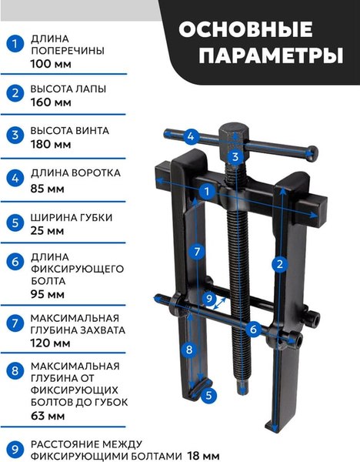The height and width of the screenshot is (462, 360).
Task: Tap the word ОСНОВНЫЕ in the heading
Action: point(245,30)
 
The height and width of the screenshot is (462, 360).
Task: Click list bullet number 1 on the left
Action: point(13,44)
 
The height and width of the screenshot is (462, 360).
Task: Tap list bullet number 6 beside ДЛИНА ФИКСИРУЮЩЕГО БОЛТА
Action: point(13,262)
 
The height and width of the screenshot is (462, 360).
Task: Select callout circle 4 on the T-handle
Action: point(192,138)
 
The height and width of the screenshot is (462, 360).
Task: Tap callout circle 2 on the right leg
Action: point(281,263)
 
